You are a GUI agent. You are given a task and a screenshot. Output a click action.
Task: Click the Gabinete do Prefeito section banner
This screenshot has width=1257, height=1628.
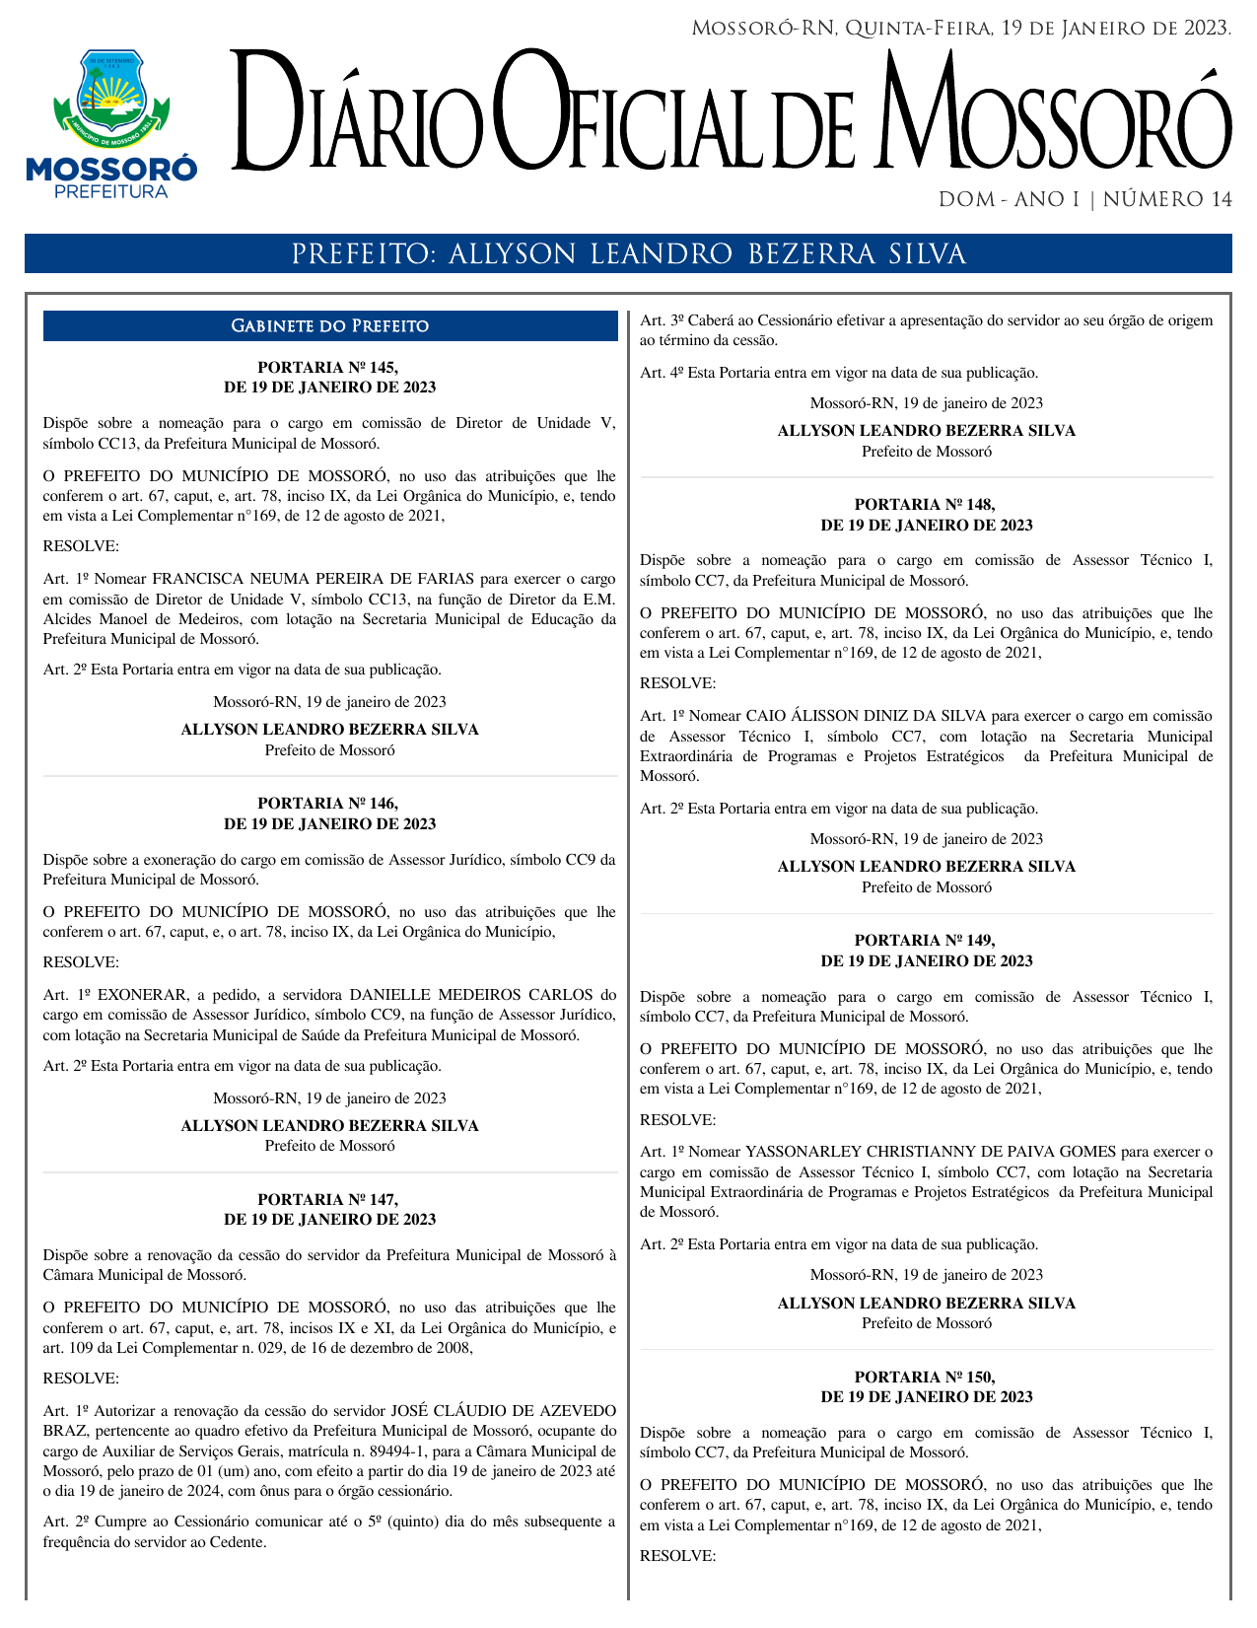point(330,326)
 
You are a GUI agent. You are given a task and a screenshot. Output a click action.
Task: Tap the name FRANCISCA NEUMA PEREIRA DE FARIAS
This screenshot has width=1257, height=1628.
point(314,579)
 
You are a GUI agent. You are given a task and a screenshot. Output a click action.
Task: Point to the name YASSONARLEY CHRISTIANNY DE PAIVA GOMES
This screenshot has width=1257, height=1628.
point(931,1152)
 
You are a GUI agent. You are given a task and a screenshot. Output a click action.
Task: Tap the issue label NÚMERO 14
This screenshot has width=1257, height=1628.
point(1167,200)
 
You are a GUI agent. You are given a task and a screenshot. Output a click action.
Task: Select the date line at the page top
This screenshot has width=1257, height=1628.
point(961,29)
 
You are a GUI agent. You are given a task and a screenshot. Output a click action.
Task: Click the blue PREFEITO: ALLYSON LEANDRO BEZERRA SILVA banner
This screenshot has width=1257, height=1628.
point(628,254)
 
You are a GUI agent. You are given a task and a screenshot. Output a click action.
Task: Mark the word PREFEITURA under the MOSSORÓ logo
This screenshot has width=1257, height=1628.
point(111,192)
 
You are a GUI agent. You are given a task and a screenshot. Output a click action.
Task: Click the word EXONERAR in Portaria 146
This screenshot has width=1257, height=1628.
point(143,995)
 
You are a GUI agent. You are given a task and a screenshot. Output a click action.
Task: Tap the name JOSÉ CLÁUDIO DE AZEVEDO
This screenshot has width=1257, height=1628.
point(504,1411)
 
